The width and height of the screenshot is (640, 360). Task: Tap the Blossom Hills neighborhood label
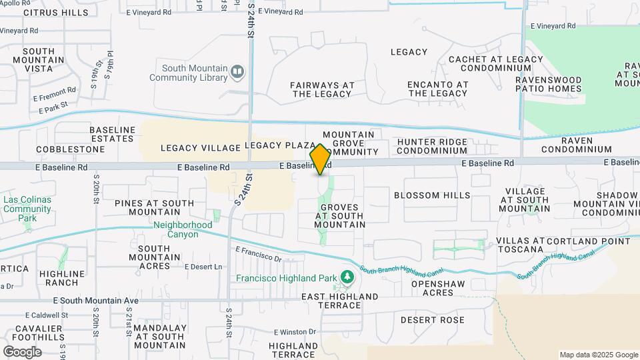click(432, 195)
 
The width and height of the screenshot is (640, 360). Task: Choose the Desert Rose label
click(433, 320)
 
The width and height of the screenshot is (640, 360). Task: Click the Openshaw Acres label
click(432, 288)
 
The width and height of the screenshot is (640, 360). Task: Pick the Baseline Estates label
click(112, 133)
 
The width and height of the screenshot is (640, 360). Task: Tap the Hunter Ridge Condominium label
click(441, 146)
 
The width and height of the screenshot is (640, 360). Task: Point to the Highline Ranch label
click(62, 278)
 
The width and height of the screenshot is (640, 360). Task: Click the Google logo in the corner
click(21, 351)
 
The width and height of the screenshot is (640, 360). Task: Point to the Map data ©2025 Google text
click(598, 355)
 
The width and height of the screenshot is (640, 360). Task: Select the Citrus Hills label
click(55, 13)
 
